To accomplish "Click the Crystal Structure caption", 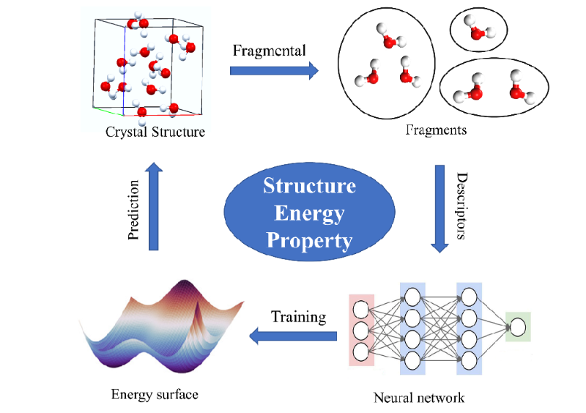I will click(155, 133).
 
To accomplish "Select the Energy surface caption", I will click(155, 395).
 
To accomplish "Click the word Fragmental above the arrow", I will click(269, 51).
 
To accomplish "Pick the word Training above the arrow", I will click(298, 317).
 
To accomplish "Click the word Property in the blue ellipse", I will click(309, 239).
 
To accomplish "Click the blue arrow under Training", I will click(293, 336).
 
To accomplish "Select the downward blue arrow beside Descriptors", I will click(439, 209).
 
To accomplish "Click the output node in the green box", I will click(518, 327).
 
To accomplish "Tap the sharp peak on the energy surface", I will click(196, 311).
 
